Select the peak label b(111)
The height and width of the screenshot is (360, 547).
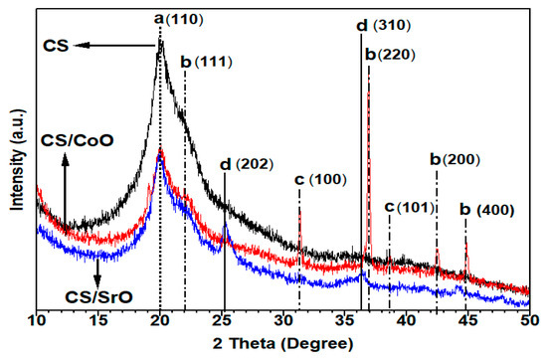coord(206,62)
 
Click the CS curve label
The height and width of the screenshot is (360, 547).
coord(59,45)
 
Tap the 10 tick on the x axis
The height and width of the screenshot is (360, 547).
coord(37,320)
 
